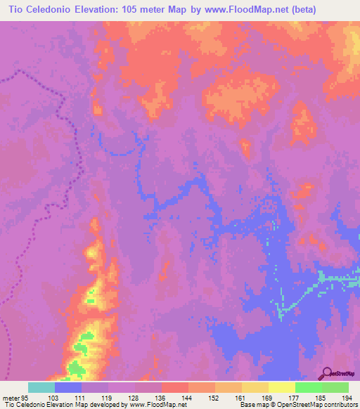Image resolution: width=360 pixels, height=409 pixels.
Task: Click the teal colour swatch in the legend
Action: tap(41, 388)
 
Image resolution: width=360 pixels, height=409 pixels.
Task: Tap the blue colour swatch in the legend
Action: tap(68, 388)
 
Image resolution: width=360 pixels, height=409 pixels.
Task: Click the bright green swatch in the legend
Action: tap(308, 388)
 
